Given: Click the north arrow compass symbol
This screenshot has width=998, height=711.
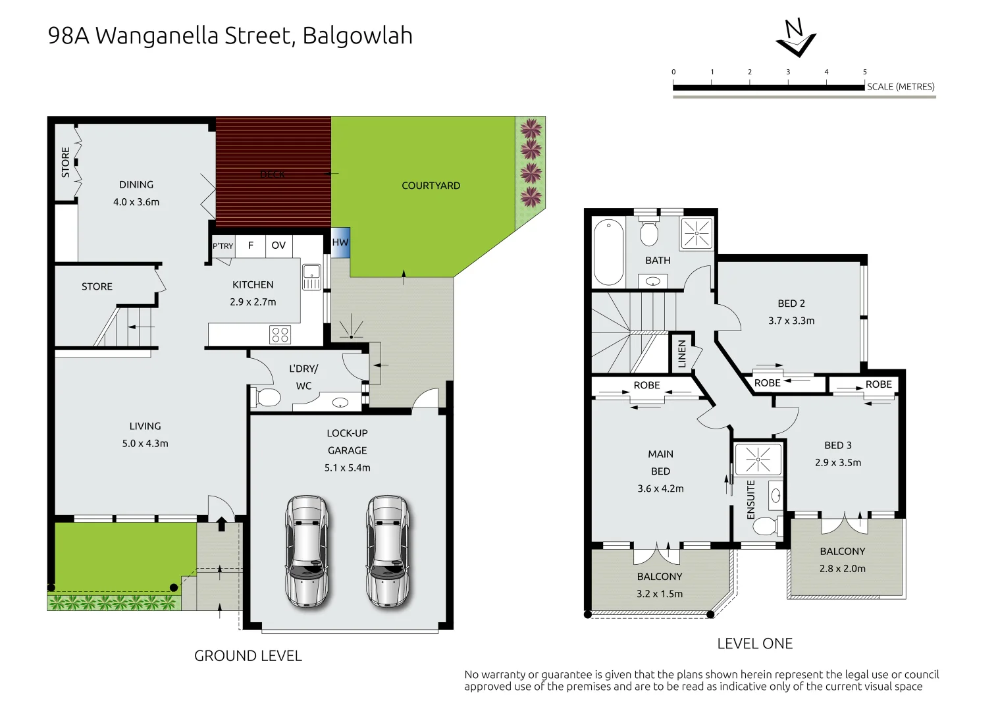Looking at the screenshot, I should click(x=796, y=38).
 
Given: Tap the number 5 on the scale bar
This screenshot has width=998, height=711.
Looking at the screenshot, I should click(x=864, y=72).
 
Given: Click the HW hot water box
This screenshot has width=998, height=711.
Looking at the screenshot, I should click(x=340, y=242).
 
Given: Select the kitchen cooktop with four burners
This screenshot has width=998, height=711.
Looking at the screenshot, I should click(x=280, y=334).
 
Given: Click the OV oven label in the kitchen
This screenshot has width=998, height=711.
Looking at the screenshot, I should click(x=278, y=246).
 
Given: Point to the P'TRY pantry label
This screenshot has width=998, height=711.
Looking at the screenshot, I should click(x=223, y=246).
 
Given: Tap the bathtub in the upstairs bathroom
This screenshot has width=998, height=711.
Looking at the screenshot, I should click(x=608, y=251).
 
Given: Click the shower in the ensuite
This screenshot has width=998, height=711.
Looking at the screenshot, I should click(x=758, y=459).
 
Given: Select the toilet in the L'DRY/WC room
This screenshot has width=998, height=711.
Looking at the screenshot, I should click(x=267, y=397).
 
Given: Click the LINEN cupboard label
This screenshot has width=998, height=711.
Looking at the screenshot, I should click(x=682, y=354).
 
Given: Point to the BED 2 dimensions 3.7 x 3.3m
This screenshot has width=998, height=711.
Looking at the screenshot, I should click(x=791, y=321).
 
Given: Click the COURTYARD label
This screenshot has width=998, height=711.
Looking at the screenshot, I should click(x=431, y=186).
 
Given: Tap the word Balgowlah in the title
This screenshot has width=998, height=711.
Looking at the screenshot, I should click(x=357, y=36).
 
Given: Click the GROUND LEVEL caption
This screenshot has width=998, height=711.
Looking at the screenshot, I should click(x=248, y=656).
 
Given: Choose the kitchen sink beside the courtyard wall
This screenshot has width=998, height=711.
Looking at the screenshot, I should click(x=311, y=276).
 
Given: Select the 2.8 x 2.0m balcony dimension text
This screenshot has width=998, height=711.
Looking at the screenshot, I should click(x=842, y=568).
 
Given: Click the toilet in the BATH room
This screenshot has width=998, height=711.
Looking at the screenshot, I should click(x=648, y=232).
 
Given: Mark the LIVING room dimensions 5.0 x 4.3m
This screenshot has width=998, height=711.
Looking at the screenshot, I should click(x=145, y=444).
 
